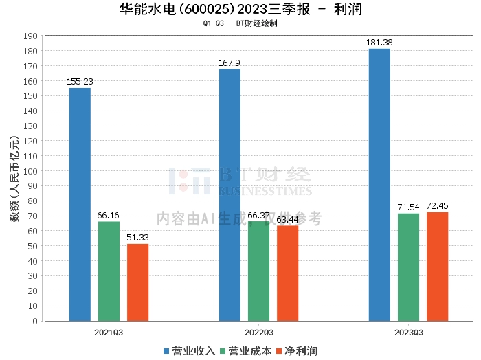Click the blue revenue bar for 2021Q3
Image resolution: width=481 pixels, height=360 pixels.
[80, 204]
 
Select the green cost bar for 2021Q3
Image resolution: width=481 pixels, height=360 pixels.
[109, 271]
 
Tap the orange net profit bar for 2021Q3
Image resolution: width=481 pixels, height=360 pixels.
[137, 282]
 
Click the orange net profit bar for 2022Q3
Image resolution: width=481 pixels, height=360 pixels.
[287, 273]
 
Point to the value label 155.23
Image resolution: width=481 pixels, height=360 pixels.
[80, 81]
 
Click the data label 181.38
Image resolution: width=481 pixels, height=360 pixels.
[379, 42]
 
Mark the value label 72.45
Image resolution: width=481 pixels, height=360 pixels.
[437, 205]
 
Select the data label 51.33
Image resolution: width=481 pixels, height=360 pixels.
[137, 237]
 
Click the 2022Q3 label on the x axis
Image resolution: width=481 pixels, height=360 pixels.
[258, 332]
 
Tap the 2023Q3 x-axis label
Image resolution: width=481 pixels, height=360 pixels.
[408, 332]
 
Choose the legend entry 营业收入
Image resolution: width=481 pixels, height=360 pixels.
[189, 351]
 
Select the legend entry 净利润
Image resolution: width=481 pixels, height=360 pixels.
[296, 351]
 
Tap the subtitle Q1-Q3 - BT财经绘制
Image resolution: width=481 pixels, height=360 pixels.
[240, 23]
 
